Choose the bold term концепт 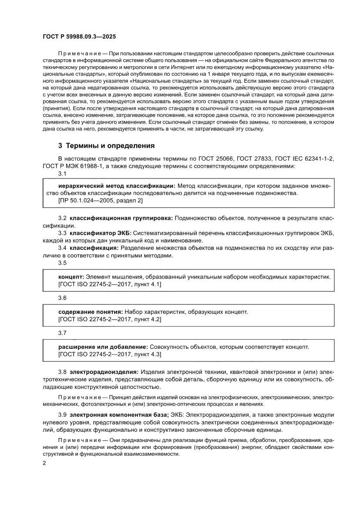tap(71, 276)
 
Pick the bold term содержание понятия tap(91, 312)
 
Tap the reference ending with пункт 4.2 tap(109, 319)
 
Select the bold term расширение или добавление tap(103, 347)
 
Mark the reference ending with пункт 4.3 tap(109, 354)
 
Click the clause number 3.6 tap(62, 298)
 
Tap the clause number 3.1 tap(62, 174)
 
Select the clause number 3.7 tap(62, 333)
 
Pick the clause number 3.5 tap(62, 263)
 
